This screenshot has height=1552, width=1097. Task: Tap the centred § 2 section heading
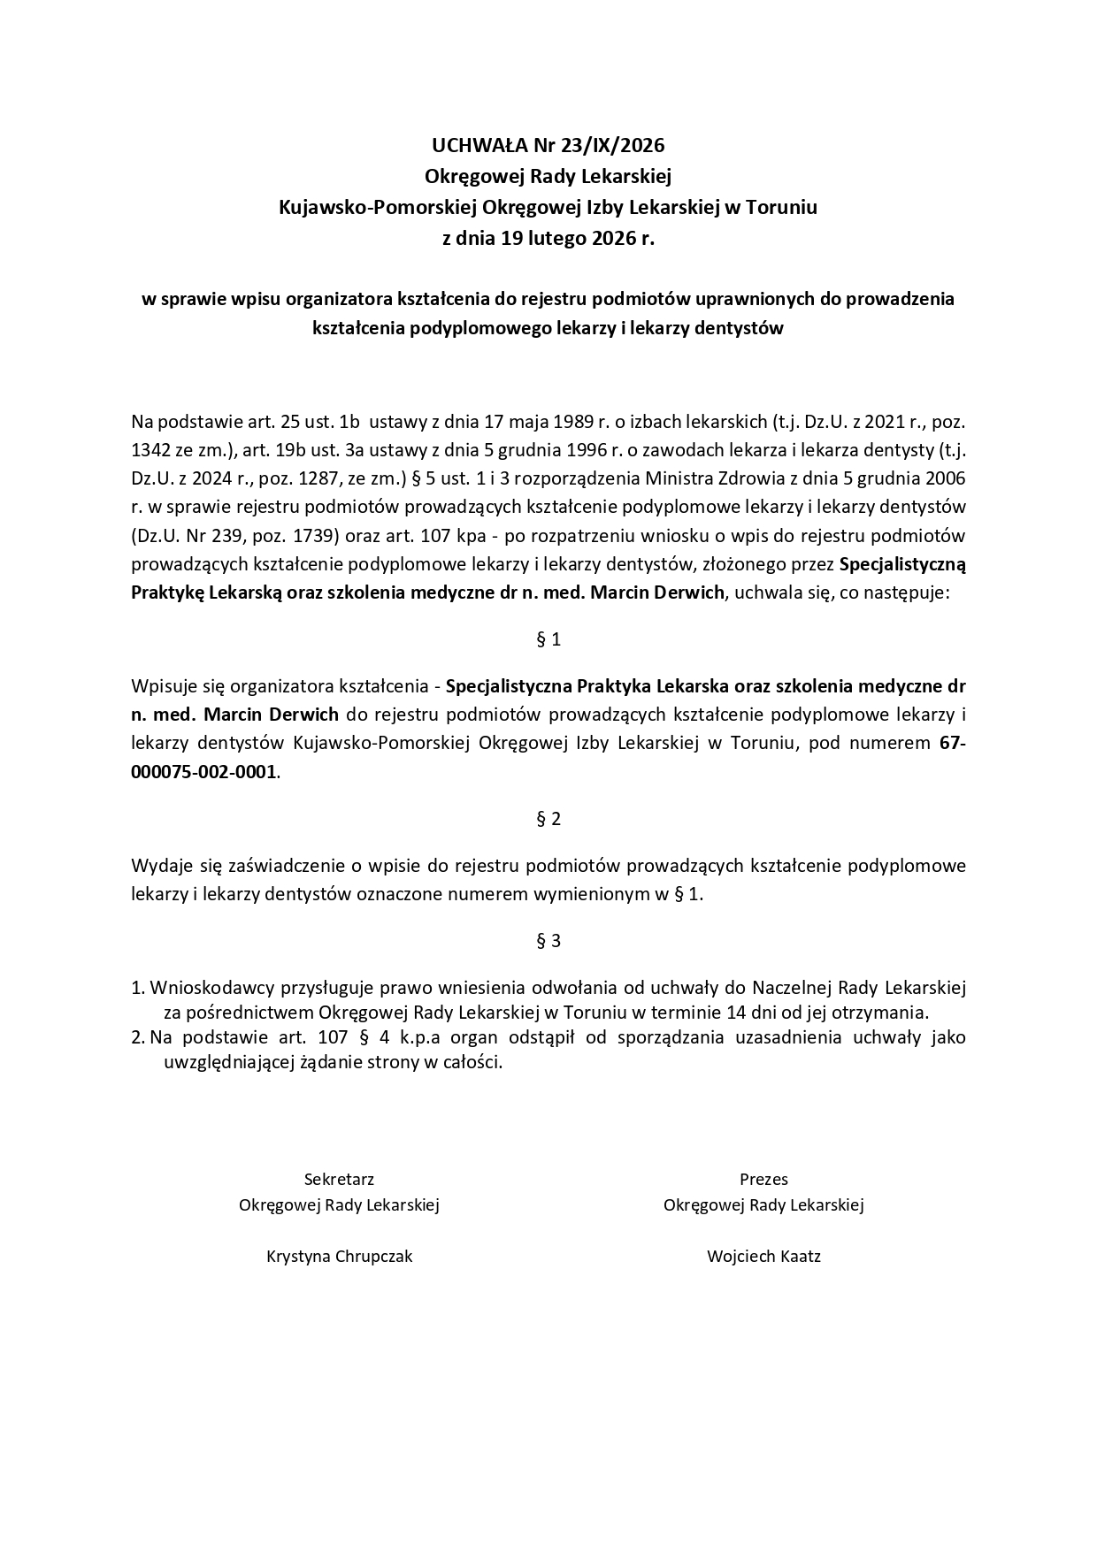(548, 819)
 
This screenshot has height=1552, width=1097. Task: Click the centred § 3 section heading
(548, 941)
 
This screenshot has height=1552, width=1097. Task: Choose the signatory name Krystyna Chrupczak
(339, 1256)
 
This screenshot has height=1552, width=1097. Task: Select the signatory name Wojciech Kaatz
(763, 1256)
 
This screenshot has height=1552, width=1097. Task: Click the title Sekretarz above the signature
(339, 1179)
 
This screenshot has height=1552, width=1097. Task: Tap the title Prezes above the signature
(763, 1179)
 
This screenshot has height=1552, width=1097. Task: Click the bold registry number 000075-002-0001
(203, 772)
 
